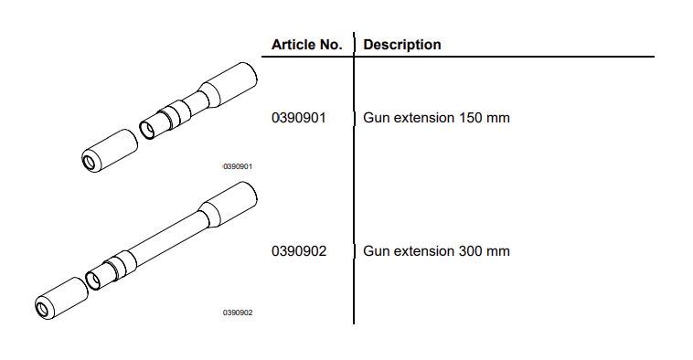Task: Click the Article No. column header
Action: [307, 45]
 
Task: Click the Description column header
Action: [402, 45]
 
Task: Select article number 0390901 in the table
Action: [299, 119]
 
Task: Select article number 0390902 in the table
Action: [299, 251]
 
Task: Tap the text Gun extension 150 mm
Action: [436, 119]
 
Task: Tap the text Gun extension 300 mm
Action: [436, 251]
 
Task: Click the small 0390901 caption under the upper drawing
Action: [238, 167]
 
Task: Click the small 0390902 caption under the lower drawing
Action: [238, 312]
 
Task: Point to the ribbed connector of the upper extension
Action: [165, 120]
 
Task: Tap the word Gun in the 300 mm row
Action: [376, 251]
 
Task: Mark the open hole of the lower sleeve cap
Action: [42, 309]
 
